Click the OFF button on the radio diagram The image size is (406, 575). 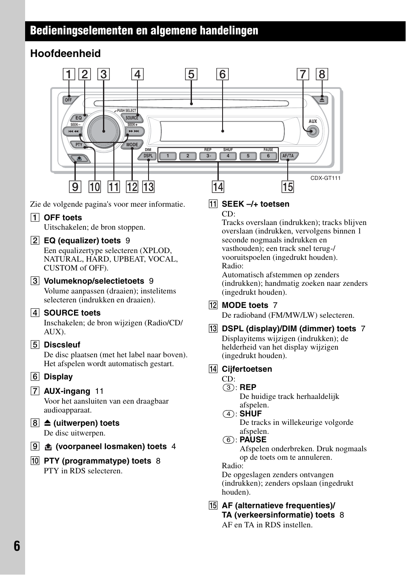[69, 100]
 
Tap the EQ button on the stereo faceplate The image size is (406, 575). [78, 118]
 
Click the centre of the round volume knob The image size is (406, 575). [104, 131]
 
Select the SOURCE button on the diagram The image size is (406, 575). [132, 118]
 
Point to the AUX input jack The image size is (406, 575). [313, 131]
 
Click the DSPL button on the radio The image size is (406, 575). [148, 156]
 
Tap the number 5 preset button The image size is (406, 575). [248, 156]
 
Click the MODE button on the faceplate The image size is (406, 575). [132, 145]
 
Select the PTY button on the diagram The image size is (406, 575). [79, 145]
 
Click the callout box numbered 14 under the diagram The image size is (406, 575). [218, 187]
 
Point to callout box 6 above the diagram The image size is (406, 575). [222, 74]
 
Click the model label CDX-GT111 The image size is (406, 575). [325, 178]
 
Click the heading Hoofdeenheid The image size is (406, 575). [66, 54]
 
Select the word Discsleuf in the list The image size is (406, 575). [62, 345]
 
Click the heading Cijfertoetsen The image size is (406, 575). [247, 369]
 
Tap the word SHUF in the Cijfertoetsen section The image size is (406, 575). [251, 414]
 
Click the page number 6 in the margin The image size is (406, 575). [17, 546]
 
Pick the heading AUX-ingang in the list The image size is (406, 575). [67, 391]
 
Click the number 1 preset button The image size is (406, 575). [168, 156]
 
